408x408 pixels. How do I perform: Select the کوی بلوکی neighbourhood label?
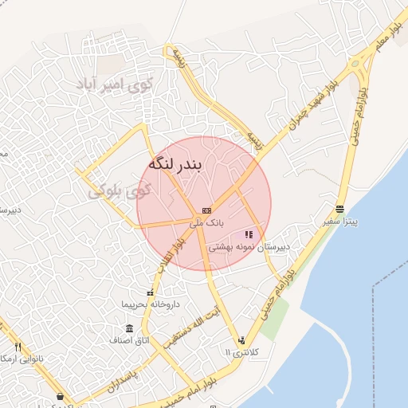119,191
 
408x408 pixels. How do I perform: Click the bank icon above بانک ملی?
206,210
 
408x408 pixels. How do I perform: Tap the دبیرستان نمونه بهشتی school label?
248,248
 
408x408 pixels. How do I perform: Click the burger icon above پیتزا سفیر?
341,209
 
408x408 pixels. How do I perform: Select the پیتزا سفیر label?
341,221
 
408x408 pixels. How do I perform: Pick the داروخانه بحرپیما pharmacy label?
151,304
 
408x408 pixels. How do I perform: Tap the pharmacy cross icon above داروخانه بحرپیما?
151,293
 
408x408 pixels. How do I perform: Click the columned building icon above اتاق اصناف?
130,328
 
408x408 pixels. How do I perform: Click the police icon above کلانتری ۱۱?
241,340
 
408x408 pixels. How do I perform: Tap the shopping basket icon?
60,396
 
